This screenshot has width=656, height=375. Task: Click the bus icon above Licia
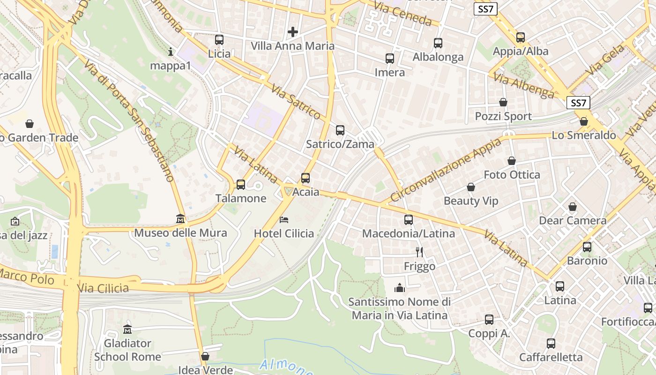(219, 40)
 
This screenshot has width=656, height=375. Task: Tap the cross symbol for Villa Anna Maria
(293, 32)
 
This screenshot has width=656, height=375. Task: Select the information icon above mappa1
(171, 52)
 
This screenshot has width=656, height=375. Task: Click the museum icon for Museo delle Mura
(180, 219)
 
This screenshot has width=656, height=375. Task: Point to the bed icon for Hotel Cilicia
(284, 219)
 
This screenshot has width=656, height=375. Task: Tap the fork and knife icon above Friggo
(419, 252)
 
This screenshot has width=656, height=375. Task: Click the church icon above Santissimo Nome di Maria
(400, 287)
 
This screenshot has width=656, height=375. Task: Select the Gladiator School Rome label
(127, 350)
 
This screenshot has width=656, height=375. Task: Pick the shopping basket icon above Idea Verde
(205, 356)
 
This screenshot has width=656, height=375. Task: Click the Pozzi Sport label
(503, 116)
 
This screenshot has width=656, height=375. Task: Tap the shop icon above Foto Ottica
(512, 161)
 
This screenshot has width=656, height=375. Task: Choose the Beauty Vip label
(471, 201)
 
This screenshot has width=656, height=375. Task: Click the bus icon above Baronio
(587, 247)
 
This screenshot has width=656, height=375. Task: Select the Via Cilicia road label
(103, 288)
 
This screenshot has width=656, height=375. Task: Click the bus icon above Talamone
(241, 185)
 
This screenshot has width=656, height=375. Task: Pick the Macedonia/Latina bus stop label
(409, 233)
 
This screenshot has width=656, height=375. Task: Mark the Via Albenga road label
(524, 86)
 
